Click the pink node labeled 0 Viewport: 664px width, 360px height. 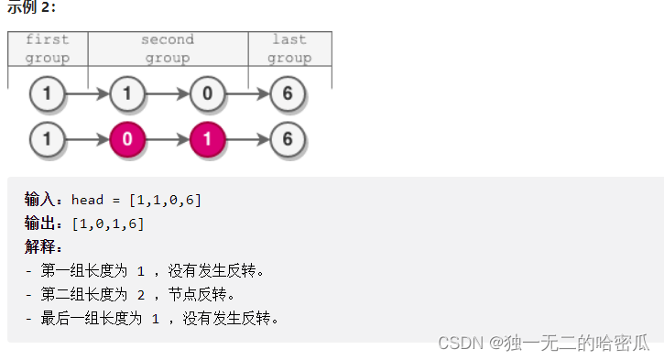tap(127, 140)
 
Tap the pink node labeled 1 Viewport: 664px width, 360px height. tap(208, 140)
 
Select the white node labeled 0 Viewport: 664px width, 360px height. tap(208, 93)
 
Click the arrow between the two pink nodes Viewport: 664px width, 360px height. tap(168, 140)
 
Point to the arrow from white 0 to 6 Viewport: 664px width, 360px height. tap(249, 93)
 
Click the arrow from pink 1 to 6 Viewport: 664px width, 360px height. tap(249, 140)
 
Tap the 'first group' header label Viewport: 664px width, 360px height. tap(48, 49)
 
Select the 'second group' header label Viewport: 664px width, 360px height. tap(168, 49)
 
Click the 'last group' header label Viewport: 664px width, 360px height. tap(289, 49)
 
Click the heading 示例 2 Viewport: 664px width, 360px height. tap(31, 7)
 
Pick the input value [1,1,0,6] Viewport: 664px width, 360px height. tap(166, 200)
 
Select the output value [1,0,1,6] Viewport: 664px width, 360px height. tap(107, 224)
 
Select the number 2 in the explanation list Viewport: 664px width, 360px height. tap(141, 295)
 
